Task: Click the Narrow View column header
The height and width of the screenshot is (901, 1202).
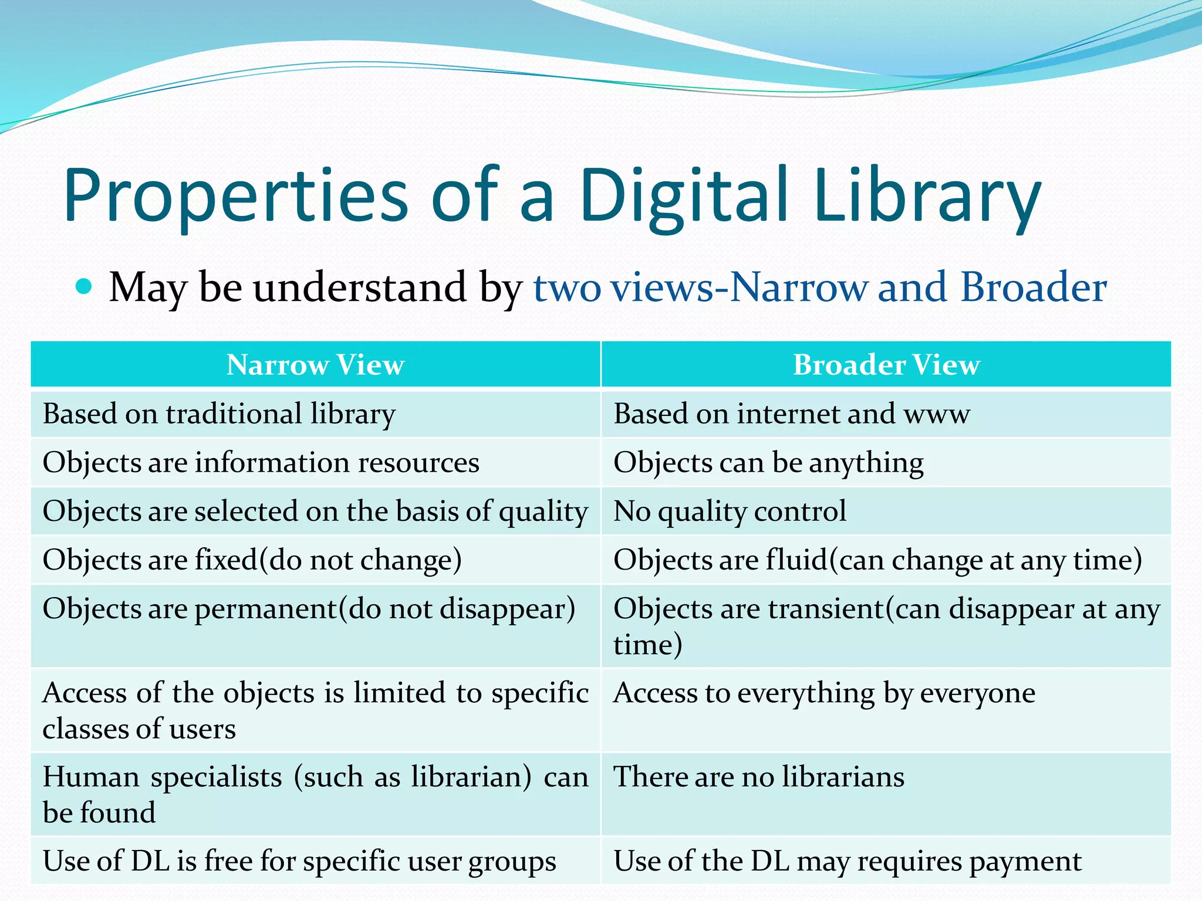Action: coord(315,365)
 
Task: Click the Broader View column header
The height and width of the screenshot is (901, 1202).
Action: coord(886,365)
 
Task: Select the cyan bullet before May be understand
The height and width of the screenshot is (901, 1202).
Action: coord(85,286)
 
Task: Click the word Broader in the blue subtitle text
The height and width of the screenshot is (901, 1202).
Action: coord(1033,287)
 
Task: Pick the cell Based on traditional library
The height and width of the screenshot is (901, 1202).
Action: coord(219,414)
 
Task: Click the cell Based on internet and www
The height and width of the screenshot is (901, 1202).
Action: coord(791,414)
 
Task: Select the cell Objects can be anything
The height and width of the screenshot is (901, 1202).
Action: coord(768,463)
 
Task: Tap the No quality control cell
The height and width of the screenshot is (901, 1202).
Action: coord(730,512)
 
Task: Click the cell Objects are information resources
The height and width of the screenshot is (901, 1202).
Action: coord(261,463)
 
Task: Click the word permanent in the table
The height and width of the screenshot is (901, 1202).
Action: coord(266,609)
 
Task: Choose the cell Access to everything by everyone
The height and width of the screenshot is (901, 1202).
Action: coord(824,693)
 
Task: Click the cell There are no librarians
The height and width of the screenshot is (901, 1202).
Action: coord(758,777)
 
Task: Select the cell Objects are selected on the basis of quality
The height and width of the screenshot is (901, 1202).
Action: coord(315,512)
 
